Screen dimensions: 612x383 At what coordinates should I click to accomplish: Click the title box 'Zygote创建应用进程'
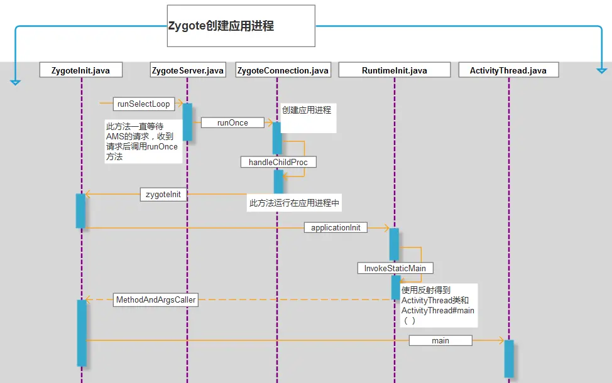(x=241, y=26)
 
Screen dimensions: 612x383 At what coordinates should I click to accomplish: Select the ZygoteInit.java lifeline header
(x=81, y=70)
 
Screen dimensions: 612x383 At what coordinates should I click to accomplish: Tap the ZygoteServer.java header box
(x=188, y=70)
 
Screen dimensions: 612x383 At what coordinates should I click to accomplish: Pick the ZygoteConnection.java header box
(x=283, y=70)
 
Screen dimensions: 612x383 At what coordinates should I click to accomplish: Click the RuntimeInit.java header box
(x=395, y=70)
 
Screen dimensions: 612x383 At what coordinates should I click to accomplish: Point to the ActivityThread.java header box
(x=508, y=70)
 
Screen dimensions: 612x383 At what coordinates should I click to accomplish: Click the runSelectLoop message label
(x=144, y=104)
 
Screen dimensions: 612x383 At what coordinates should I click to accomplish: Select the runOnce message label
(x=232, y=122)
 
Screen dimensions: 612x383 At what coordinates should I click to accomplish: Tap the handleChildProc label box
(x=278, y=162)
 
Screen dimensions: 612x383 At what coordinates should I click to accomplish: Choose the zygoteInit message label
(x=163, y=194)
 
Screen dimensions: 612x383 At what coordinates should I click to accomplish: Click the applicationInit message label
(x=336, y=227)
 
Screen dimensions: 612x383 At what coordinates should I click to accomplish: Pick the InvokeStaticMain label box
(x=395, y=268)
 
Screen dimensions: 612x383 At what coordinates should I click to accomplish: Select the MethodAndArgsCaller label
(x=156, y=299)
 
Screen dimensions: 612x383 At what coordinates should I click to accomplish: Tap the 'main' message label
(x=440, y=340)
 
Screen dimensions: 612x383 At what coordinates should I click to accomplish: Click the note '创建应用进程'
(x=308, y=118)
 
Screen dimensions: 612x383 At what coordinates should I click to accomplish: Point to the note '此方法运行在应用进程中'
(x=294, y=203)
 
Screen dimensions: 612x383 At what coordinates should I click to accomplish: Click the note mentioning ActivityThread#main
(x=439, y=305)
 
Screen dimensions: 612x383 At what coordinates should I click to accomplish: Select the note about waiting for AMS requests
(x=143, y=141)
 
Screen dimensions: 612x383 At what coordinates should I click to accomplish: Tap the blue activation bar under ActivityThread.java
(x=509, y=359)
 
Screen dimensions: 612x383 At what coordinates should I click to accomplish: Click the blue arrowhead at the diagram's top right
(x=601, y=70)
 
